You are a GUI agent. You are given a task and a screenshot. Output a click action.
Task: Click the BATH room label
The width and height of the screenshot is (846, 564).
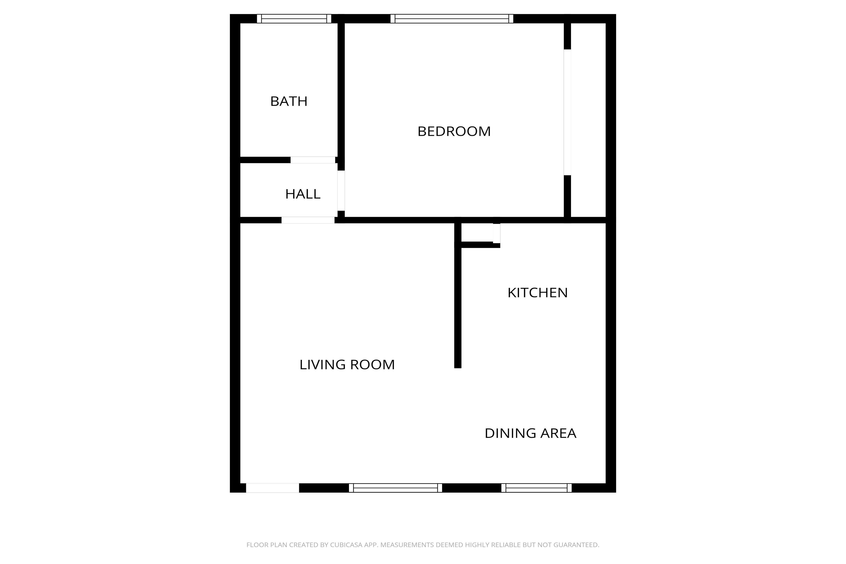coord(289,102)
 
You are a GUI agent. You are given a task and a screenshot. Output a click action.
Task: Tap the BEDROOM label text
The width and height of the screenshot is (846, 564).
coord(454,131)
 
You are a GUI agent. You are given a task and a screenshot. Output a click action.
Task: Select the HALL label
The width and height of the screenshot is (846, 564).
coord(302,194)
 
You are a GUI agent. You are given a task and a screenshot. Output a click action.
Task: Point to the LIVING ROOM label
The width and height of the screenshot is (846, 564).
coord(347,365)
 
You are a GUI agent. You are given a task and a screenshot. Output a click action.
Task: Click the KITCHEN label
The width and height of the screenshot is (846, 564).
coord(537,293)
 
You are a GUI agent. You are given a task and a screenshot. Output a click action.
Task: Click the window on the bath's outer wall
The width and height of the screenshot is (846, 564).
coord(294,19)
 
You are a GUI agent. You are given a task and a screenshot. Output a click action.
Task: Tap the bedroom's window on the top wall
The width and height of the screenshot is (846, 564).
coord(452,19)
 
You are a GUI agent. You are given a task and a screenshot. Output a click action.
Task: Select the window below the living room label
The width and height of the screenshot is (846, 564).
coord(395,488)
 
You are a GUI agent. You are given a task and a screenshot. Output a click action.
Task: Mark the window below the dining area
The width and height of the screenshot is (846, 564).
coord(536,488)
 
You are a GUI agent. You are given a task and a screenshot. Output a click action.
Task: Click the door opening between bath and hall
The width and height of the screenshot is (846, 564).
coord(313,160)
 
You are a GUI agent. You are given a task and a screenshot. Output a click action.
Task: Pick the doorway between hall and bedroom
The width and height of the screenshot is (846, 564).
coord(341,191)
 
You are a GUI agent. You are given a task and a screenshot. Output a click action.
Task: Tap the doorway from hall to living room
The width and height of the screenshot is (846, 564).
coord(308,220)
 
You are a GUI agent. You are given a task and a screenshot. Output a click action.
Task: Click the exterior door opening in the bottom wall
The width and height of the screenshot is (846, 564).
coord(272,488)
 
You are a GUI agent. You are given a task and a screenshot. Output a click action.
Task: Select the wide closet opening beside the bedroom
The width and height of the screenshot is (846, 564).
coord(567,112)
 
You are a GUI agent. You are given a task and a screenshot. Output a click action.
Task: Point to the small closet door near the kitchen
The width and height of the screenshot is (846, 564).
coord(496,233)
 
